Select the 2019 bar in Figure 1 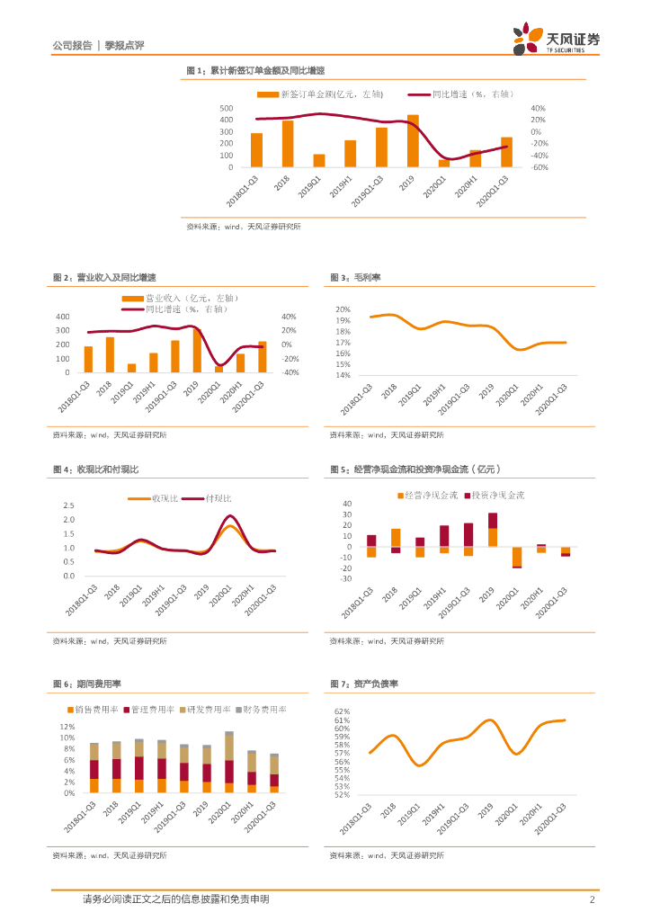413,141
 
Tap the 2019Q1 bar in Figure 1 319,160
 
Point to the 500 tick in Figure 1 226,108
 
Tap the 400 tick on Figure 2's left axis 62,317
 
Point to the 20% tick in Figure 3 343,309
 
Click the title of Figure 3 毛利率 343,278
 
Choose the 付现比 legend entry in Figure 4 218,497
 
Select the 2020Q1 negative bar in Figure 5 517,557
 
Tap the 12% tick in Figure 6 67,726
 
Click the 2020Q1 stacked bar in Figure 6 229,763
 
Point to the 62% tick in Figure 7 342,711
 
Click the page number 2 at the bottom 592,899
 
